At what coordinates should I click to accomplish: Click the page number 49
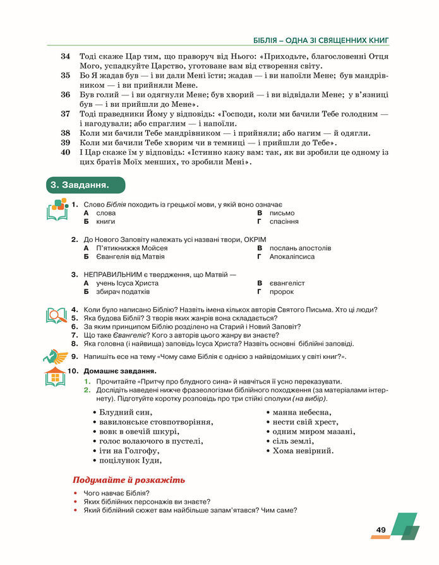[x=381, y=530]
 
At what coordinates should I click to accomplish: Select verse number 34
[x=65, y=56]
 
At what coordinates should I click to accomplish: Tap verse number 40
[x=65, y=153]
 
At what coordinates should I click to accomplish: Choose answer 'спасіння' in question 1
[x=284, y=222]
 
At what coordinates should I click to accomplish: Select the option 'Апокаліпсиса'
[x=291, y=257]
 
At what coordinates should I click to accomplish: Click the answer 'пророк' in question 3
[x=281, y=292]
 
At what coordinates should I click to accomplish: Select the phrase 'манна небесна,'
[x=302, y=413]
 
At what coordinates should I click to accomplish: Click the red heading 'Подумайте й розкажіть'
[x=129, y=480]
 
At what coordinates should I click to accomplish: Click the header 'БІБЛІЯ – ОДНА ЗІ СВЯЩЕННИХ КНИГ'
[x=320, y=40]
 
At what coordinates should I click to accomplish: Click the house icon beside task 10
[x=56, y=377]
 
